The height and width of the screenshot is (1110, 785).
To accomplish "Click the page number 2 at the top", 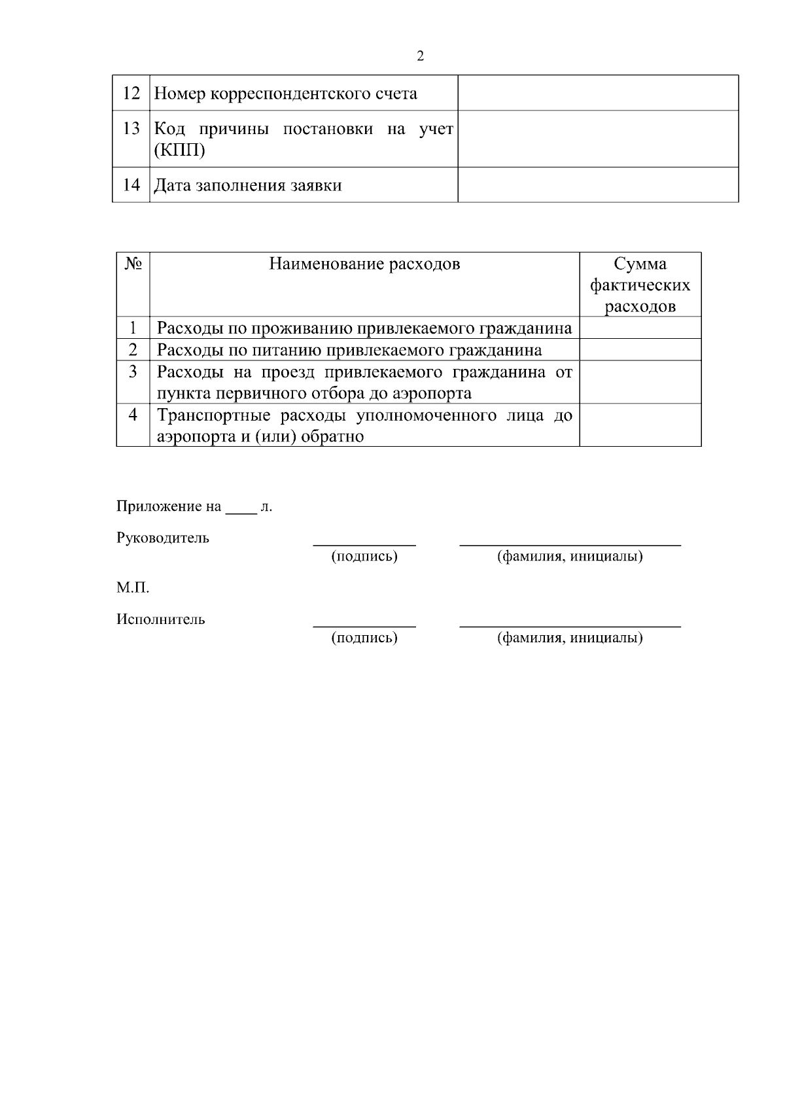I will tap(420, 56).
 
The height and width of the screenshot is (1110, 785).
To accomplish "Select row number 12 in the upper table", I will tap(131, 93).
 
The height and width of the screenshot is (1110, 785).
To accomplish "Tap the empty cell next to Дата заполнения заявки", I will tap(597, 185).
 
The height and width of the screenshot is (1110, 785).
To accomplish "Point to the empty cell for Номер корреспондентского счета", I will tap(597, 93).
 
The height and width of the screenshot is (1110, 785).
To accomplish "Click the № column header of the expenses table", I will tap(133, 264).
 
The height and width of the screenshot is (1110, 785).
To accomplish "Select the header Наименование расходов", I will tap(364, 264).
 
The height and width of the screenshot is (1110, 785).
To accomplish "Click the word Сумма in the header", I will tap(640, 264).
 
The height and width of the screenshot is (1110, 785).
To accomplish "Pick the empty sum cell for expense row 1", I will tap(640, 328).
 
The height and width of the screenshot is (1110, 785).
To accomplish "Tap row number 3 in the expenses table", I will tap(133, 372).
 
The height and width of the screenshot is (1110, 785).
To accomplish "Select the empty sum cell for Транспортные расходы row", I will tap(640, 425).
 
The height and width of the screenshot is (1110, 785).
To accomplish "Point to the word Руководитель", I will tap(163, 538).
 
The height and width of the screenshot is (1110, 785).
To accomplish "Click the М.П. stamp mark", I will tap(133, 588).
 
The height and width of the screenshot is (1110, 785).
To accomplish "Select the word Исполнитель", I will tap(161, 619).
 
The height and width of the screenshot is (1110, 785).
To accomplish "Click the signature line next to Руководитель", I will tap(364, 543).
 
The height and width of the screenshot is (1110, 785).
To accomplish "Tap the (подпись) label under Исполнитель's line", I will tap(364, 638).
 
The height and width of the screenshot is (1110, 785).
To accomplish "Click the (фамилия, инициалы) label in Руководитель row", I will tap(570, 557).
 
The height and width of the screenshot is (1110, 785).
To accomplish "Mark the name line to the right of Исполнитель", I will tap(570, 625).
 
